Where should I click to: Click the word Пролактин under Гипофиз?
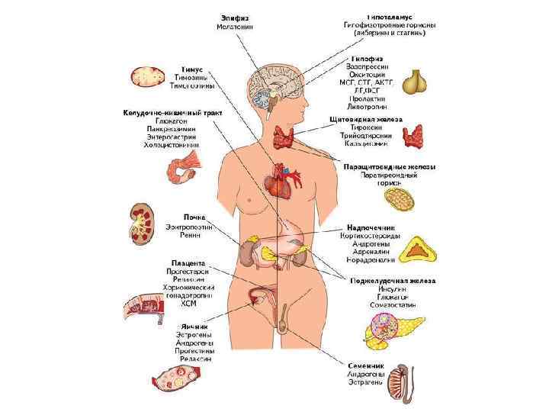[x=368, y=98]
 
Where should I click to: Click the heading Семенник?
[x=367, y=365]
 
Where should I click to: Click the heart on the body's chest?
[x=278, y=183]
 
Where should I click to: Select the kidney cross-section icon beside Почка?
[x=143, y=222]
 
